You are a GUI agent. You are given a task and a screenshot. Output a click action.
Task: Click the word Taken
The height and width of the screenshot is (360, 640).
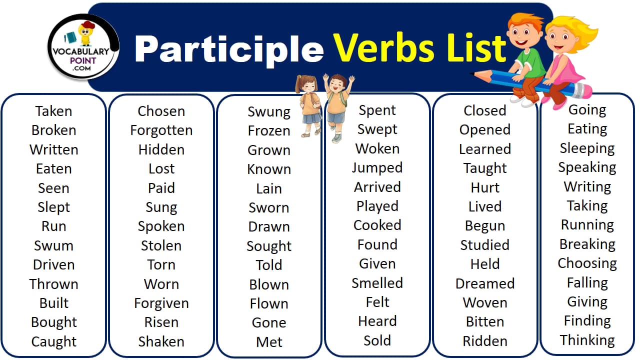pyautogui.click(x=53, y=111)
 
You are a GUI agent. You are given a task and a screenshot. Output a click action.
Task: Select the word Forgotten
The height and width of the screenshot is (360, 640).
pyautogui.click(x=161, y=130)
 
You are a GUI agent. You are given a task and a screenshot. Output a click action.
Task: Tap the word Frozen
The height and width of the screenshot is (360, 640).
pyautogui.click(x=269, y=131)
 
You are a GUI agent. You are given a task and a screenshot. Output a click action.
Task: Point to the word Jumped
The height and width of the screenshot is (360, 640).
pyautogui.click(x=377, y=168)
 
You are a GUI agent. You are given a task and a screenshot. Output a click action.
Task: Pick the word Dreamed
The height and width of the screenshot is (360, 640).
pyautogui.click(x=484, y=283)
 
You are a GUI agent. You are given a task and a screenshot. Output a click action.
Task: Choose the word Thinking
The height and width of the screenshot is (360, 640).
pyautogui.click(x=587, y=340)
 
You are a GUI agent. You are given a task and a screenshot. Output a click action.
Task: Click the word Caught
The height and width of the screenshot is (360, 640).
pyautogui.click(x=53, y=341)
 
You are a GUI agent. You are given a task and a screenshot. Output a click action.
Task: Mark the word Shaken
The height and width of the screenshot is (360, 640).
pyautogui.click(x=161, y=341)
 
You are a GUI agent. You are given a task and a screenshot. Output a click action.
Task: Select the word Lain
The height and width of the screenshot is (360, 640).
pyautogui.click(x=269, y=188)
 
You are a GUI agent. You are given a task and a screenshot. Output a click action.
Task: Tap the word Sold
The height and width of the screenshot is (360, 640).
pyautogui.click(x=377, y=340)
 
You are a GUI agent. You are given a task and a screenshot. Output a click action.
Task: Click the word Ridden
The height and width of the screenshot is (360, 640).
pyautogui.click(x=484, y=341)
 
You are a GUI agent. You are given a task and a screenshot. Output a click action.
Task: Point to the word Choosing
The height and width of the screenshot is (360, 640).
pyautogui.click(x=587, y=263)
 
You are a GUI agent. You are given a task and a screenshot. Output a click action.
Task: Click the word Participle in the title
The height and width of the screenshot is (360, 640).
pyautogui.click(x=229, y=48)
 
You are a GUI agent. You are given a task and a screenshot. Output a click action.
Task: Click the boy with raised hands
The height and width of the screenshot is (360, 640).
pyautogui.click(x=338, y=105)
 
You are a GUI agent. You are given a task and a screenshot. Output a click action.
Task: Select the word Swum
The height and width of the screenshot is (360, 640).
pyautogui.click(x=53, y=245)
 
